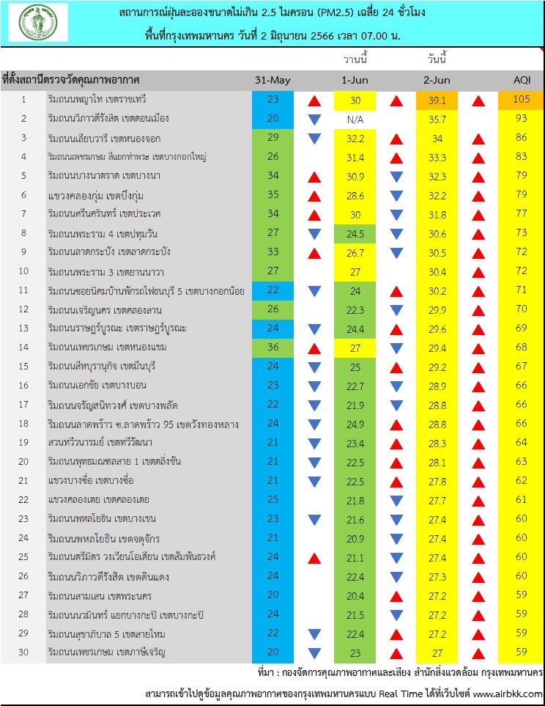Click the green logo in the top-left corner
point(38,23)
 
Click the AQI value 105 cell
point(522,100)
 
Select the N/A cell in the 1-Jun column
point(355,119)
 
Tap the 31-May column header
point(272,80)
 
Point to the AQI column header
point(522,80)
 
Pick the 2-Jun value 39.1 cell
point(438,100)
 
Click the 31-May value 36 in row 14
point(272,347)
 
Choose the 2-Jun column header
point(438,80)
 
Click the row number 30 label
point(23,652)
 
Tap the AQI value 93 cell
point(522,119)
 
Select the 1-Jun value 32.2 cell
point(355,138)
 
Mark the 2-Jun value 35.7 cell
point(438,119)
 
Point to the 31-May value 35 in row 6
point(272,195)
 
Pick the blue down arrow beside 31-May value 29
point(314,138)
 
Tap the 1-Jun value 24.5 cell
point(355,233)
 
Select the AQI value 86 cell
point(522,138)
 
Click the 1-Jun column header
point(355,80)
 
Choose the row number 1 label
point(23,100)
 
